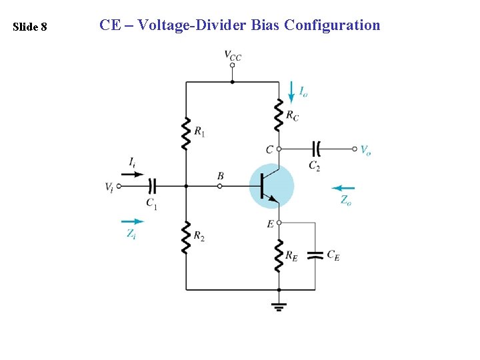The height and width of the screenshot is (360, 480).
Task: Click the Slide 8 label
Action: coord(30,27)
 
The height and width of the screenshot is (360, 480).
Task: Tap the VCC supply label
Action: coord(232,55)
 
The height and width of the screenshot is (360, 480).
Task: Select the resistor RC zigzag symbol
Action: coord(279,115)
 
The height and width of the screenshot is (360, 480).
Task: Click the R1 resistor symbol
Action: coord(185,133)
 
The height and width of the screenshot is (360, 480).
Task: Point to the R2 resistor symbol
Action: coord(185,237)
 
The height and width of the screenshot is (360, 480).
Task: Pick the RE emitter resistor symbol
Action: coord(279,256)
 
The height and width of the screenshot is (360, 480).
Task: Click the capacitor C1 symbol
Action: coord(153,186)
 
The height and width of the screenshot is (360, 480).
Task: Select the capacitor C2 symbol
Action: coord(316,149)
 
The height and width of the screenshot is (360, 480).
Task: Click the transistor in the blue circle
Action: coord(271,187)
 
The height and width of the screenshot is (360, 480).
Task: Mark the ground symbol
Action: coord(279,306)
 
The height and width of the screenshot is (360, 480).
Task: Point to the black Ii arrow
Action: coord(134,174)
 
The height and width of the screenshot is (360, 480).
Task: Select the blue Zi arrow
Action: coord(133,221)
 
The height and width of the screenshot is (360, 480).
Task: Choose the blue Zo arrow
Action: coord(343,188)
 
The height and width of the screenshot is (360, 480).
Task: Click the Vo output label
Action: coord(365,150)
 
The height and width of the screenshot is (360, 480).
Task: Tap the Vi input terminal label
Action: coord(109,187)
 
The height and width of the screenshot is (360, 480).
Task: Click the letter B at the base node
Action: coord(220,176)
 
